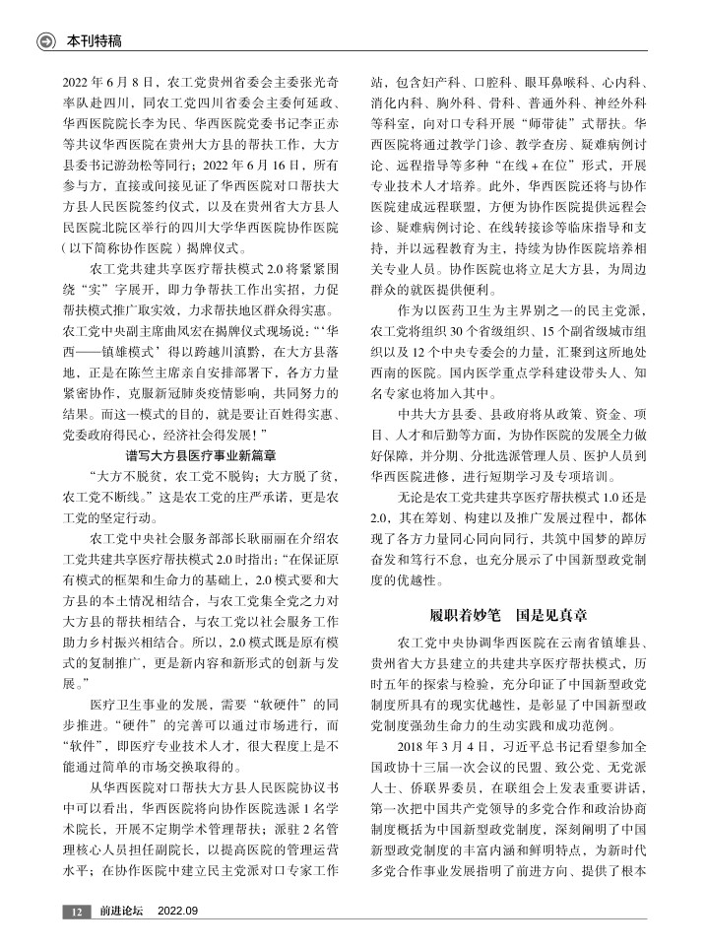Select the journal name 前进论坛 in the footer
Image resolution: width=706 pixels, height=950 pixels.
click(121, 911)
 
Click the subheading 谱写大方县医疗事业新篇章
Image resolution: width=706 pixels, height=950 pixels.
click(199, 455)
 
